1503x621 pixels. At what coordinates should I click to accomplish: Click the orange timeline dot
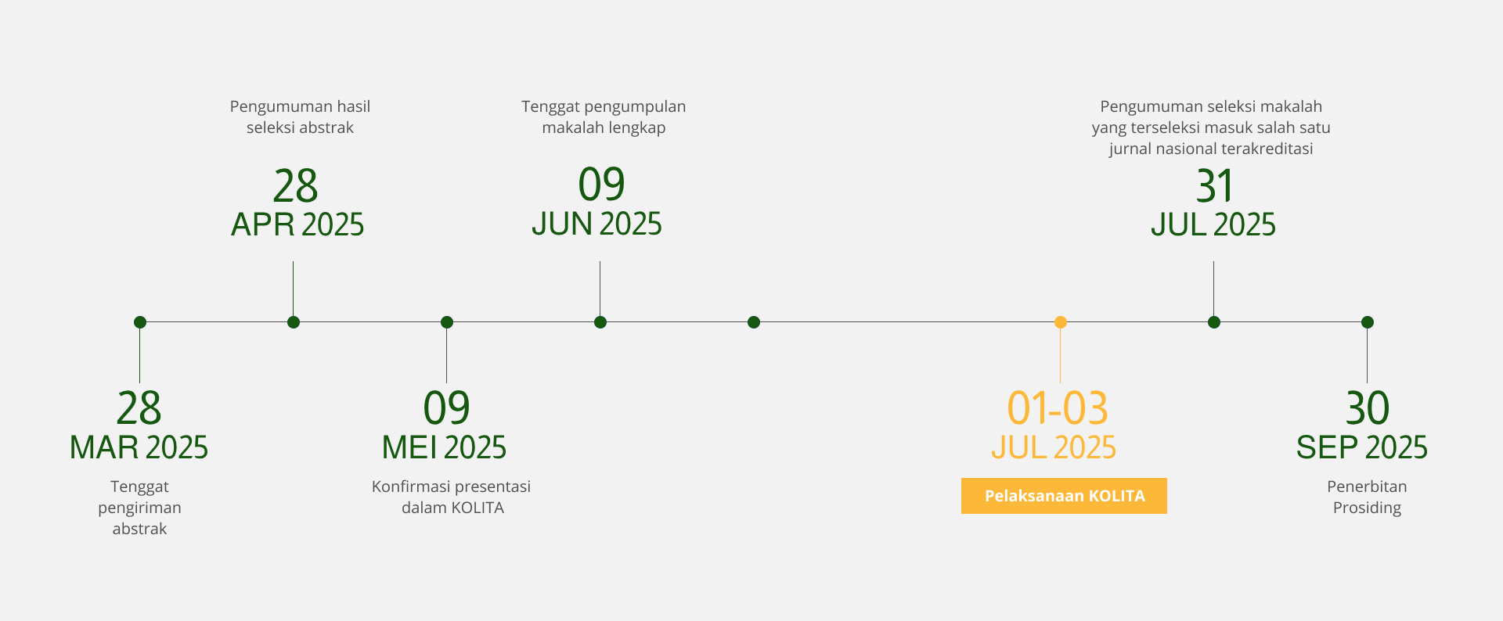[1061, 322]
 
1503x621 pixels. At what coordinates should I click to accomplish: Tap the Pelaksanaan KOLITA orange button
[1064, 496]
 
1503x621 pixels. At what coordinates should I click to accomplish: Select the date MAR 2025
[139, 448]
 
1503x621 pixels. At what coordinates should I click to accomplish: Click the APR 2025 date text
[297, 225]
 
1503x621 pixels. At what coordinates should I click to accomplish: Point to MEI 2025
[444, 448]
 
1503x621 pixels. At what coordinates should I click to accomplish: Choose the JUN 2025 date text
[597, 224]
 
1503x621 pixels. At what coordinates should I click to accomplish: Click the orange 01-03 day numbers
[1058, 408]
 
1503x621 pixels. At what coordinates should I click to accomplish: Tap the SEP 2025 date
[1362, 448]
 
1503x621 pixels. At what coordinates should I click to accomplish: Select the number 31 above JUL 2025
[1215, 187]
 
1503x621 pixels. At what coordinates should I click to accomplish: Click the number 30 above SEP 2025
[1368, 408]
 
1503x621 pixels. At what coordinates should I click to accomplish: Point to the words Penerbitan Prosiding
[1368, 497]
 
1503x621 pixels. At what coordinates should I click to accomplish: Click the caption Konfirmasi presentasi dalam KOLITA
[452, 497]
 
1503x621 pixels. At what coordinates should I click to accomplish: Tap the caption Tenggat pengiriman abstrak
[140, 508]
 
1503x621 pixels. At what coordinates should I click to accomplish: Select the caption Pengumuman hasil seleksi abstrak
[300, 117]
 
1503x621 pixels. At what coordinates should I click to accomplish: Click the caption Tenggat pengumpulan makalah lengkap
[604, 117]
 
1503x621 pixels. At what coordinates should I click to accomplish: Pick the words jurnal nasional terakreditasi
[1211, 149]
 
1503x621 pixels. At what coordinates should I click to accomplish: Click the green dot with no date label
[754, 322]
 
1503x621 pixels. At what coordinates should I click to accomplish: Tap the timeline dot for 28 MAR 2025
[140, 322]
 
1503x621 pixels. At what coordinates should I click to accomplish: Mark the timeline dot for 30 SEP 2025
[1368, 322]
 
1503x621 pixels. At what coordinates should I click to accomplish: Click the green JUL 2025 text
[1213, 225]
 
